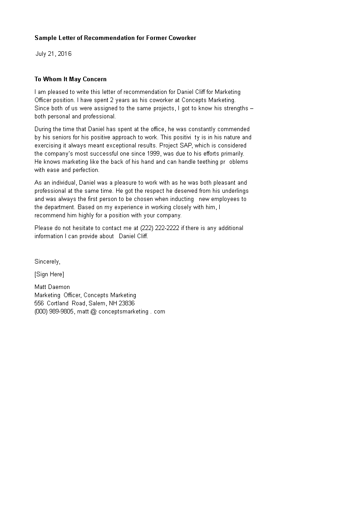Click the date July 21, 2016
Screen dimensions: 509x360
tap(54, 54)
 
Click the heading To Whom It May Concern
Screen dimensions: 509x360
tap(70, 79)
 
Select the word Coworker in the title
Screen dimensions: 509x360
tap(180, 38)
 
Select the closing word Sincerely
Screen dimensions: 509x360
tap(47, 262)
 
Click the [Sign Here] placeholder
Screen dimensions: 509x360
tap(49, 274)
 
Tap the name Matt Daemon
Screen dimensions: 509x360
tap(52, 287)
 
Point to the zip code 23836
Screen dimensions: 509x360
tap(125, 303)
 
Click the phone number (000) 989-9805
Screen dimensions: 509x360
tap(54, 312)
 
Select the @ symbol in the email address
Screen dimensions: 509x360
tap(94, 312)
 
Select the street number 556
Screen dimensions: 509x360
tap(39, 303)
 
